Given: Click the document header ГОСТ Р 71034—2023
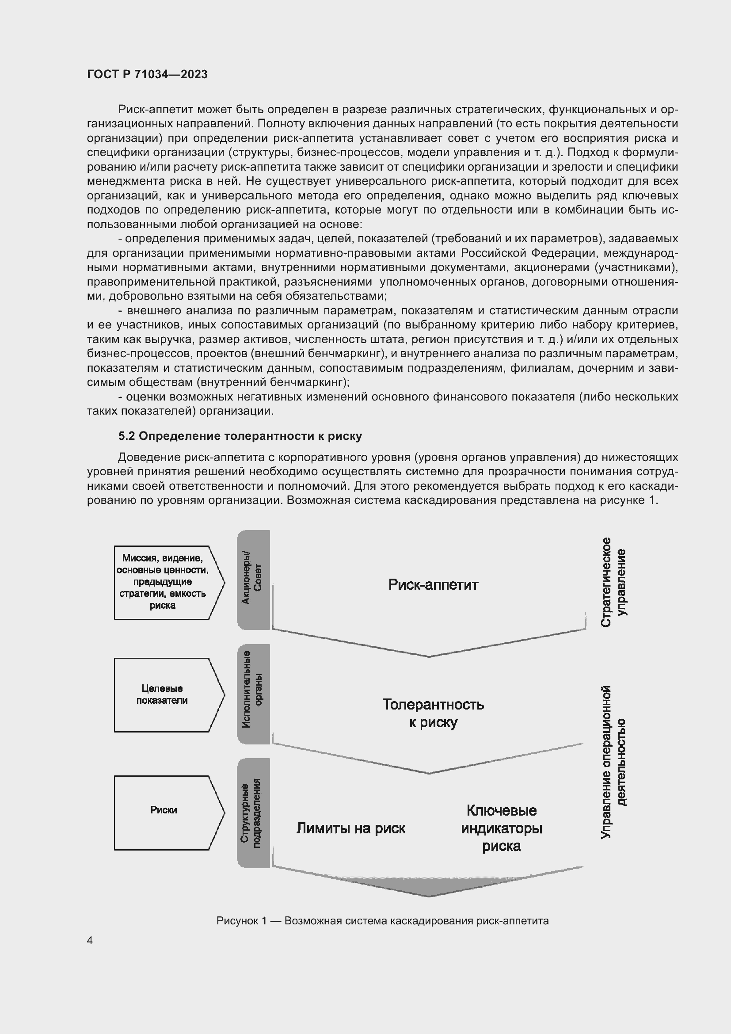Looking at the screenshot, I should coord(147,74).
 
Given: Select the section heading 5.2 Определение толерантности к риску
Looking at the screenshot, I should coord(240,436).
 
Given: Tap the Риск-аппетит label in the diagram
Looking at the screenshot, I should coord(433,584).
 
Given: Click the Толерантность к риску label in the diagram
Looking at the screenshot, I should coord(433,713).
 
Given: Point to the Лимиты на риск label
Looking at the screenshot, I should coord(350,828).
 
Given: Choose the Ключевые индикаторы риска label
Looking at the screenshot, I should coord(502,828).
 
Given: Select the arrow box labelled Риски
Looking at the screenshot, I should coord(164,810).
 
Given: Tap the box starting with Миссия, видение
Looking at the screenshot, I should coord(164,582).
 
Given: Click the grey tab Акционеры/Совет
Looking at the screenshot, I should coord(253,580).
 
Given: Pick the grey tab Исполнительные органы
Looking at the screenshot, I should coord(253,694).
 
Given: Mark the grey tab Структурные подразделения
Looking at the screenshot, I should coord(253,813).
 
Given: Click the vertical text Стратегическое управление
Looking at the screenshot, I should coord(613,582).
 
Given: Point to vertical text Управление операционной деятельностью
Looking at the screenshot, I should coord(613,763).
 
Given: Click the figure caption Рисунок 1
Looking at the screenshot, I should coord(382,921).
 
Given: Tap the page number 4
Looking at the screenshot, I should coord(90,941).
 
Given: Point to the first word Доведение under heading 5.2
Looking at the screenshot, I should coord(149,458).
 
